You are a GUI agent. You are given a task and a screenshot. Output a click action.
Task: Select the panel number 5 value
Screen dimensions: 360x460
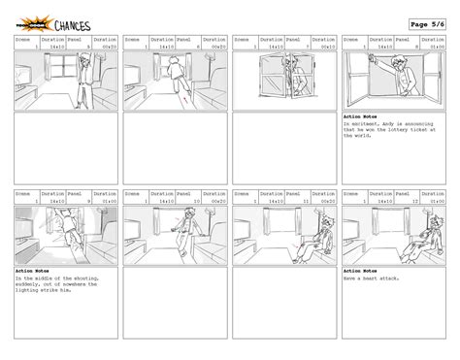89,47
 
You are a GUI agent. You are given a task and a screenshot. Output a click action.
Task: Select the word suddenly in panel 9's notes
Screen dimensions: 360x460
31,284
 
